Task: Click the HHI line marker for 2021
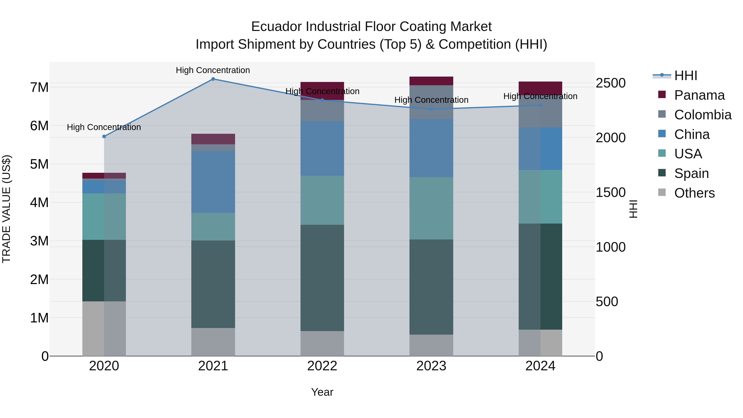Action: [x=213, y=79]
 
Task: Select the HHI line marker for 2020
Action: [x=104, y=136]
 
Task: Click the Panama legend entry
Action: [x=699, y=95]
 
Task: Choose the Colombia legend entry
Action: [x=703, y=115]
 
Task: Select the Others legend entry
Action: [x=694, y=193]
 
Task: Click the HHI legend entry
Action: [x=686, y=76]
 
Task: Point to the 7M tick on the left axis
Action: [x=39, y=87]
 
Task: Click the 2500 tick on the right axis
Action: [x=611, y=83]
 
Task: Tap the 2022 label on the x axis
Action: [x=322, y=366]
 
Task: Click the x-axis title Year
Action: [x=322, y=392]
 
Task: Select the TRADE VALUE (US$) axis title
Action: [x=6, y=209]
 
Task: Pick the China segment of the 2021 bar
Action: [x=213, y=182]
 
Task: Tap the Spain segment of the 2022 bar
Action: [x=322, y=278]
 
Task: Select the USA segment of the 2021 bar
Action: [x=213, y=227]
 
